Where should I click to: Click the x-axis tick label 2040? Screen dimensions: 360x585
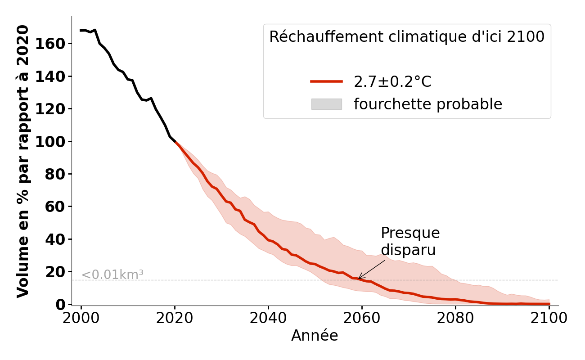[268, 318]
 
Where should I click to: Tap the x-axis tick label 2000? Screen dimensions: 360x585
[81, 318]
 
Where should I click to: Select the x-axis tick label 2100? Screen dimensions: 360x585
[549, 318]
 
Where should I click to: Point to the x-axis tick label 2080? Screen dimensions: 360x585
[455, 318]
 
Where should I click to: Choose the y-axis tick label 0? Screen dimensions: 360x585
[60, 305]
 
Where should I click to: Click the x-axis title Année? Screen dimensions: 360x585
[315, 336]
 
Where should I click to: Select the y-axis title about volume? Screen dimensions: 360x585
[23, 161]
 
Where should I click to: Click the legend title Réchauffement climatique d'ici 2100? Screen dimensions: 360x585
[407, 37]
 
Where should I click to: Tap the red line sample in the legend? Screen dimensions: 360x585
[326, 81]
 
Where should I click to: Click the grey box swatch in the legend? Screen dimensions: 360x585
[326, 104]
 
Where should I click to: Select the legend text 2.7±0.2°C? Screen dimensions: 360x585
[392, 82]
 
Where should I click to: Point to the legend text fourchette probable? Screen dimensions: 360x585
[427, 104]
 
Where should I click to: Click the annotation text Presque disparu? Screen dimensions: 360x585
[410, 242]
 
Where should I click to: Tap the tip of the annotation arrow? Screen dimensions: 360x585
[358, 279]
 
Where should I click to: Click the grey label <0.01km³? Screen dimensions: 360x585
[112, 274]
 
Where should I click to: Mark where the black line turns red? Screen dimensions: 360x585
[175, 142]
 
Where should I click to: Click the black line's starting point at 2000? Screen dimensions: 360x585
[81, 31]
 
